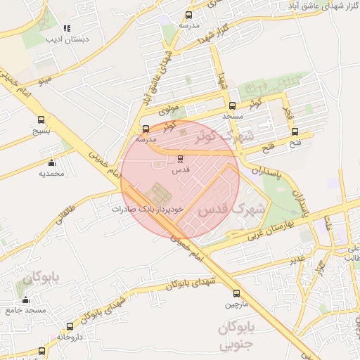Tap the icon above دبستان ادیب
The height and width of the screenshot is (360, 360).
coord(67,29)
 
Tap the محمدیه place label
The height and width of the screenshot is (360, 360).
coord(51,173)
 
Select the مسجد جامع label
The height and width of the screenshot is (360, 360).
coord(26,310)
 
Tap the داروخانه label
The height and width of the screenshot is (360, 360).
coord(70,337)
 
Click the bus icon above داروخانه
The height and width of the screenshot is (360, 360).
coord(70,326)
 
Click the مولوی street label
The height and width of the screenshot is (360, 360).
coord(169,110)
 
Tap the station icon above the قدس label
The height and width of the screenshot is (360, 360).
coord(180,159)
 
